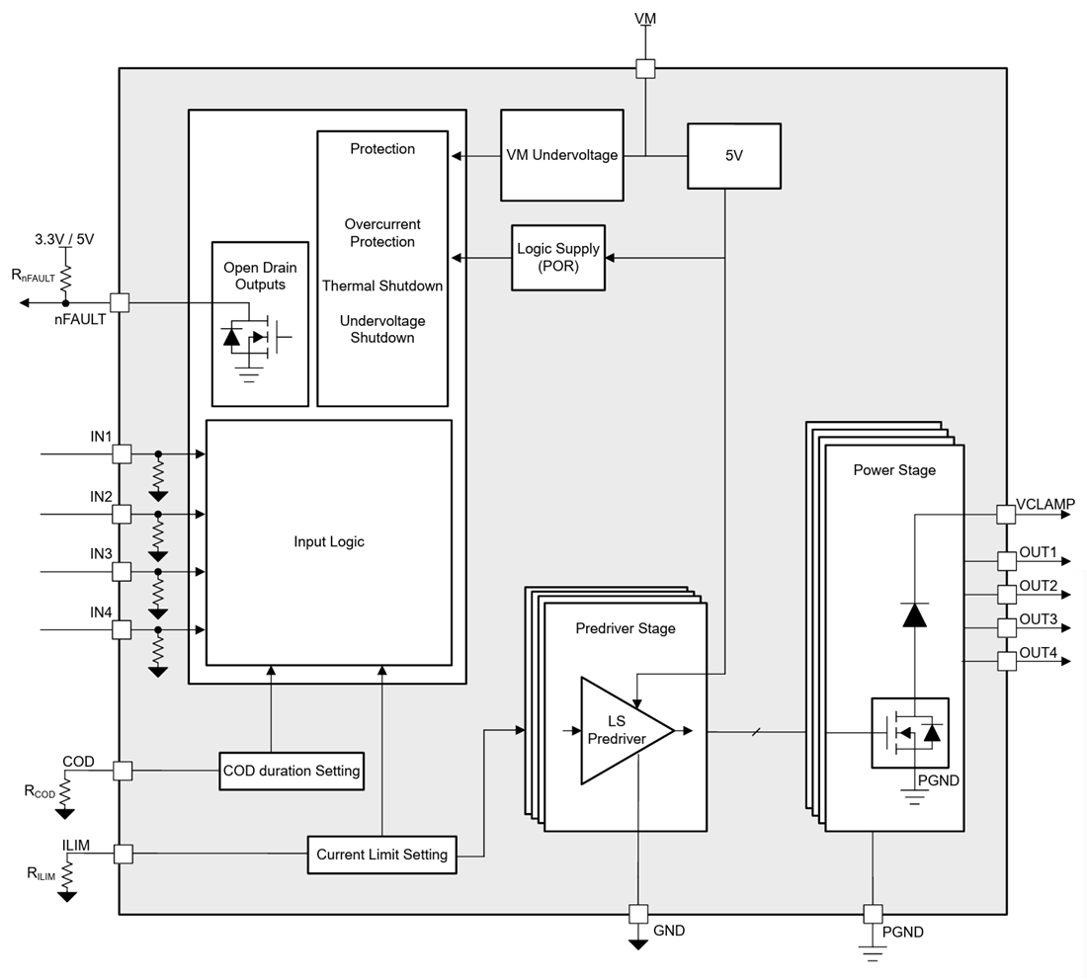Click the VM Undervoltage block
[562, 155]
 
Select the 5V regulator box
[733, 155]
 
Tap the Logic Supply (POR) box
[557, 258]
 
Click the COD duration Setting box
[292, 771]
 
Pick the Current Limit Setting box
[381, 855]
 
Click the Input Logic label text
[329, 541]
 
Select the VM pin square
[645, 68]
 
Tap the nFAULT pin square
[120, 302]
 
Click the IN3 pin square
[122, 571]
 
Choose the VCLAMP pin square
[1005, 514]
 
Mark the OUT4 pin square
[1006, 661]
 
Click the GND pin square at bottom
[638, 914]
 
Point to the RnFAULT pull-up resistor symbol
[66, 278]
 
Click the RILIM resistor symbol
[66, 875]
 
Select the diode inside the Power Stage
[915, 615]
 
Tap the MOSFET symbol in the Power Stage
[909, 733]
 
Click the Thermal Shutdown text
[382, 286]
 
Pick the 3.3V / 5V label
[64, 239]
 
